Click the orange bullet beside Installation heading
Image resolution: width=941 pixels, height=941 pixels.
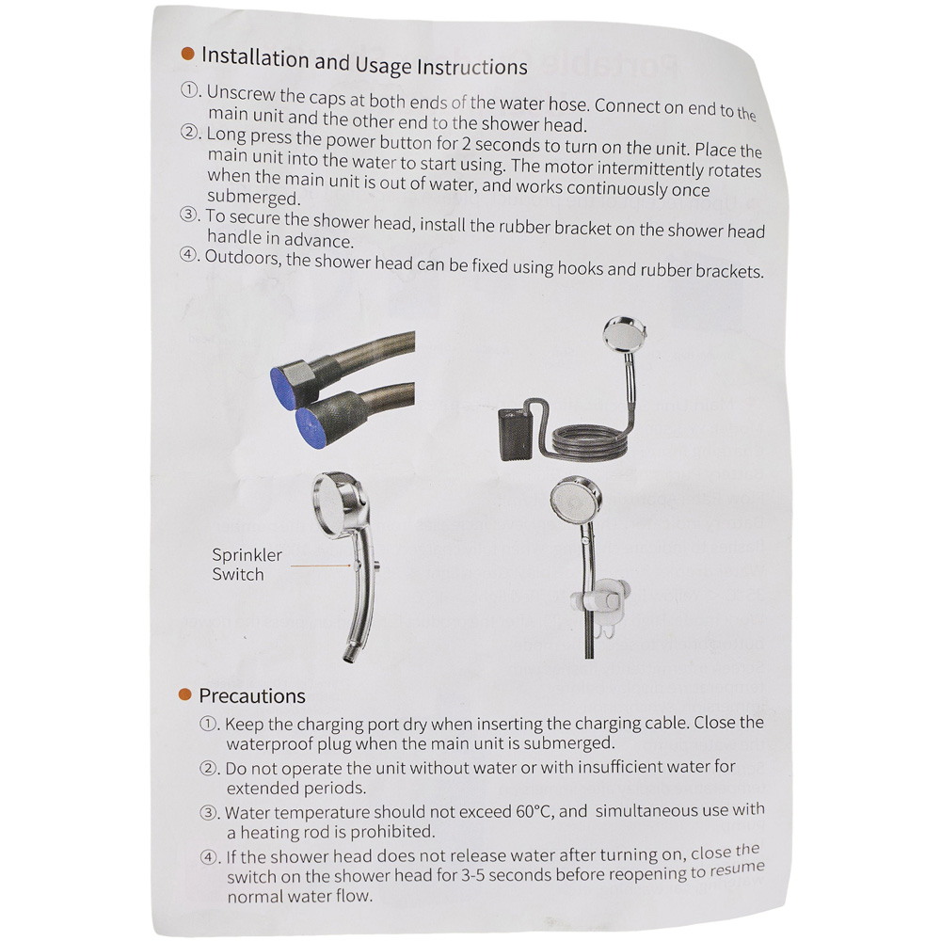coord(188,54)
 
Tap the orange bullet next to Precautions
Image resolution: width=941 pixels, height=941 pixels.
coord(184,695)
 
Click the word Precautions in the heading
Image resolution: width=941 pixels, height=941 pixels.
coord(252,696)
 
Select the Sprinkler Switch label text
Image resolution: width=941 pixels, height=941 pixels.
coord(247,564)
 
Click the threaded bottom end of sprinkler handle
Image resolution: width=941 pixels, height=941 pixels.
coord(348,655)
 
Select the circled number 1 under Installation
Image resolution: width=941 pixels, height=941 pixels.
coord(190,90)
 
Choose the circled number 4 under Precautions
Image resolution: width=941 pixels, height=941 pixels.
coord(209,857)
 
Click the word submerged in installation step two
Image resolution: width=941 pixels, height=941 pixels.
coord(253,198)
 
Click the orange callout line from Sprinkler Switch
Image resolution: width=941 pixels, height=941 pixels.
coord(321,565)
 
